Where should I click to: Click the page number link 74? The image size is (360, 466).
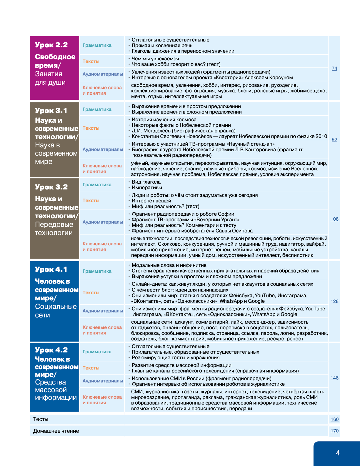point(334,69)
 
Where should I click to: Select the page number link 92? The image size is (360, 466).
point(334,139)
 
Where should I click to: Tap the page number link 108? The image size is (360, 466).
point(334,219)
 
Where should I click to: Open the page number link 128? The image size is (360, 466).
point(334,301)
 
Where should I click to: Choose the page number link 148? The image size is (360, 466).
point(334,378)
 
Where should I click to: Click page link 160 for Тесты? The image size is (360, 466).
point(334,419)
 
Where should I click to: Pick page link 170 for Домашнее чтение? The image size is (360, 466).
point(334,431)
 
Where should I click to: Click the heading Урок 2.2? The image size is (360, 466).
point(51,45)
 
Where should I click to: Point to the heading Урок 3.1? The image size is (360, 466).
point(51,111)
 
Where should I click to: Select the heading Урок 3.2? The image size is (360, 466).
point(51,187)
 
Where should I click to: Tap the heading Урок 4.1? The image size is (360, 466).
point(51,269)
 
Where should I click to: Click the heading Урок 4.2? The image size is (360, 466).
point(51,350)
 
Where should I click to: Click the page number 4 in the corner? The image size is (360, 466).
point(338,453)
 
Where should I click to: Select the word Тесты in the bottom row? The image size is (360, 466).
point(41,419)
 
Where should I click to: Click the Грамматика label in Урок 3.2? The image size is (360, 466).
point(97,185)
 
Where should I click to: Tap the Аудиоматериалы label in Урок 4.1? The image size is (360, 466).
point(103,311)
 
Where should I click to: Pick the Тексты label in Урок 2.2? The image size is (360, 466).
point(91,61)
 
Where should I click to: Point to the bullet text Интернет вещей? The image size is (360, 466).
point(151,201)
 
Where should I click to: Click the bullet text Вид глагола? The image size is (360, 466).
point(146,182)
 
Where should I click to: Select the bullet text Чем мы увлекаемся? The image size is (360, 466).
point(155,59)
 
